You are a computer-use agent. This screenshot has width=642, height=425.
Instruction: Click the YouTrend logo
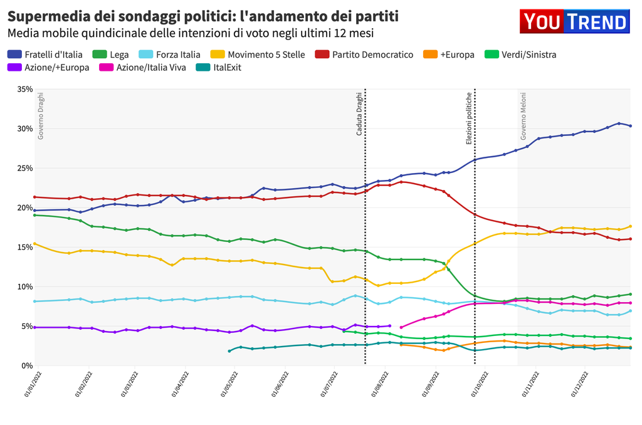tap(574, 21)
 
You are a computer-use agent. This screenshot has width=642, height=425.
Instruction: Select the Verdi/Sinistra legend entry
tap(522, 55)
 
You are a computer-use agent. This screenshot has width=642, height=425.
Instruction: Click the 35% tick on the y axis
tap(24, 89)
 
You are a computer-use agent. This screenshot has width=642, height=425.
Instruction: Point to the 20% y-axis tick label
tap(24, 207)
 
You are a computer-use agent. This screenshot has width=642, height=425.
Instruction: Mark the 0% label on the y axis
tap(27, 365)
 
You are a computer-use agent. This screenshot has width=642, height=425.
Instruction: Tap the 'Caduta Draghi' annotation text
tap(359, 115)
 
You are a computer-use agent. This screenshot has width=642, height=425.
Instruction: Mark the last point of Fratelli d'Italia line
tap(630, 126)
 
